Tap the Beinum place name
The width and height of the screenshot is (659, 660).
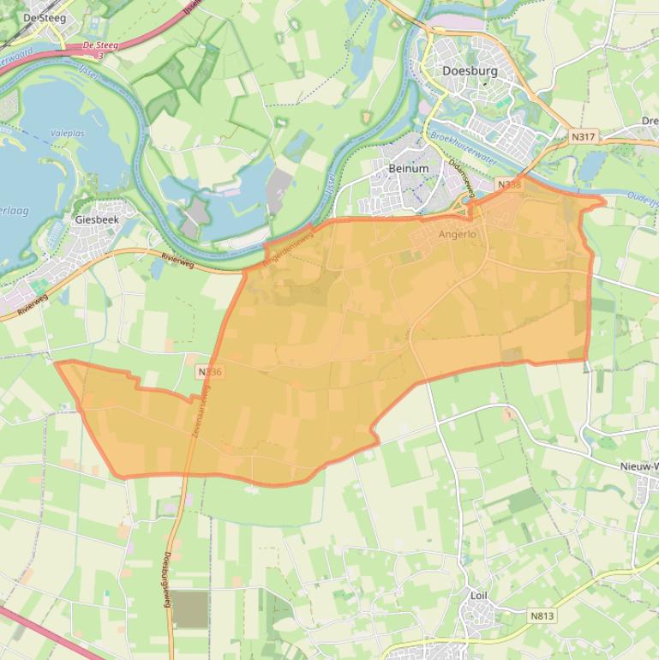click(408, 169)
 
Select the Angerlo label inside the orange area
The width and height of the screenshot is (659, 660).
click(457, 234)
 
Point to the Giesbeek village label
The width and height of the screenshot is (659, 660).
click(97, 219)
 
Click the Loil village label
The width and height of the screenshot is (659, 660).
click(478, 595)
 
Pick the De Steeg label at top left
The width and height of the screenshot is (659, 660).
click(44, 17)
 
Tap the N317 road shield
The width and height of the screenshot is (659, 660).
click(583, 136)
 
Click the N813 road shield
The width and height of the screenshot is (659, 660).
click(542, 615)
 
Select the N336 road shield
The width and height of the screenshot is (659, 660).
click(209, 372)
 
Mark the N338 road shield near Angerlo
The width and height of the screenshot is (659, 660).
click(509, 184)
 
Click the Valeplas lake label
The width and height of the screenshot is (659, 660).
click(67, 134)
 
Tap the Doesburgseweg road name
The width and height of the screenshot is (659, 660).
click(167, 579)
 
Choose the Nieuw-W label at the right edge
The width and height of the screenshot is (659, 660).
click(638, 466)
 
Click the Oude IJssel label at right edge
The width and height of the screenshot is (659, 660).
click(643, 198)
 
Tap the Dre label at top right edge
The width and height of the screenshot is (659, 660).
click(650, 122)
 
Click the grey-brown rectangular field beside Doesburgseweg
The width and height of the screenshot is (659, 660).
click(190, 609)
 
